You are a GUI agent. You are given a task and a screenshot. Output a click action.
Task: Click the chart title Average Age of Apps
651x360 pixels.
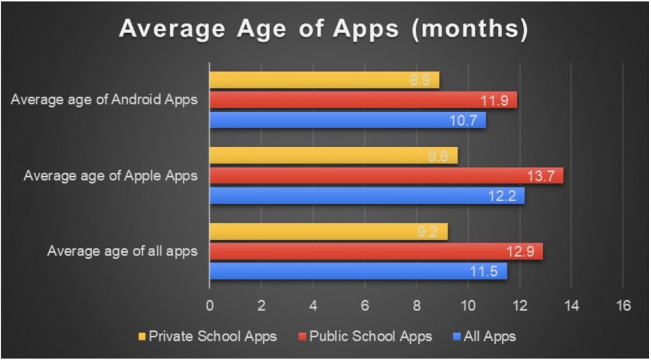(324, 29)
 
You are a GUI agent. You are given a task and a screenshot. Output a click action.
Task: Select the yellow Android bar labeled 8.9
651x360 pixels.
(324, 80)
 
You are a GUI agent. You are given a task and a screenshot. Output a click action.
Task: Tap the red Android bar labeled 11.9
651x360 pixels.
(362, 100)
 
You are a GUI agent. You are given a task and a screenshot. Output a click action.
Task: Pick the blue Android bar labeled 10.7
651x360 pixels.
(347, 120)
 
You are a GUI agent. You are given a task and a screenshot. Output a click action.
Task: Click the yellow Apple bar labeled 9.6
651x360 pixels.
(333, 156)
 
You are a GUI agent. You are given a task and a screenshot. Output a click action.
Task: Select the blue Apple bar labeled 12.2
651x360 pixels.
(367, 196)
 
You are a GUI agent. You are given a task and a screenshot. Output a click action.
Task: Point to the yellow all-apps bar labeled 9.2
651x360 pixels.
(328, 232)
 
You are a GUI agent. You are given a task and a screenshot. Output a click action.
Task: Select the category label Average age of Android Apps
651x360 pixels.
(104, 100)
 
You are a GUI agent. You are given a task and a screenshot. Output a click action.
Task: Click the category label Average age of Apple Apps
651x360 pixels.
(111, 176)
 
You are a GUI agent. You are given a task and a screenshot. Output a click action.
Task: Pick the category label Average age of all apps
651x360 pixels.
(122, 252)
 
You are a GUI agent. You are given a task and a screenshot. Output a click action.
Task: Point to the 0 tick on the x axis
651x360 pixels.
(210, 306)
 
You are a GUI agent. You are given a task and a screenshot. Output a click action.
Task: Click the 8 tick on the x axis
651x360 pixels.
(416, 306)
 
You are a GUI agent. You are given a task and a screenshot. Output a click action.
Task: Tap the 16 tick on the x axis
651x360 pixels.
(622, 306)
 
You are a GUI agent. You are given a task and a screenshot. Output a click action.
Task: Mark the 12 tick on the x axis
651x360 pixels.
(519, 306)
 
